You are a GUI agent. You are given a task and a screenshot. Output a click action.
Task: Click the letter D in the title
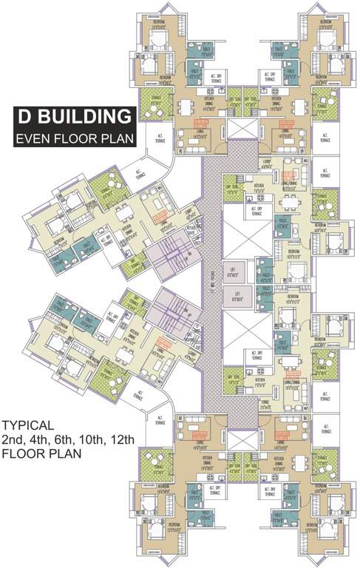tap(27, 117)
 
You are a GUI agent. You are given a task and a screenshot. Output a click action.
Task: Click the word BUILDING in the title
tap(88, 117)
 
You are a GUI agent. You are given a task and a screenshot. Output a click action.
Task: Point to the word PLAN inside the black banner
tap(117, 138)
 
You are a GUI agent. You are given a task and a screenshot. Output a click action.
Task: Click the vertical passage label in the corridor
tap(211, 284)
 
